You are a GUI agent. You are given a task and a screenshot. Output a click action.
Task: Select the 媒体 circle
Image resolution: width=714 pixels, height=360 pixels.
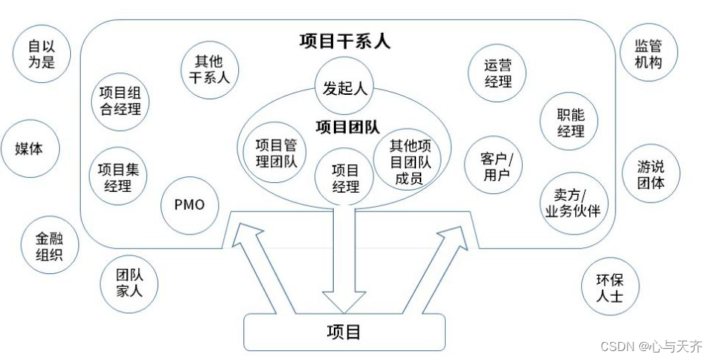tap(29, 148)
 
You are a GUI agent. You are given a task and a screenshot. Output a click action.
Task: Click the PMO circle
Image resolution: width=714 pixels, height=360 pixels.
tap(188, 204)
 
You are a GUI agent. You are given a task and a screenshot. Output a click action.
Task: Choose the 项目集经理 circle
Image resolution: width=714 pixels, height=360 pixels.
tap(118, 177)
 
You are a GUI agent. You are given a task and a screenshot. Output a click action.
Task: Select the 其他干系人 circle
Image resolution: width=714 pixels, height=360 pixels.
tap(209, 68)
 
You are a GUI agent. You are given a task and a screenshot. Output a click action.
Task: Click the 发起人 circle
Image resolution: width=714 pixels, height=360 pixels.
tap(344, 88)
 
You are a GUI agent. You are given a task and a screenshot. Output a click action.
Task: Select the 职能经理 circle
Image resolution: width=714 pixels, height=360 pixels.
tap(571, 122)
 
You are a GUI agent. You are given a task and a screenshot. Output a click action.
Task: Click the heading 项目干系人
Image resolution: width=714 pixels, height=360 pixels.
tap(344, 40)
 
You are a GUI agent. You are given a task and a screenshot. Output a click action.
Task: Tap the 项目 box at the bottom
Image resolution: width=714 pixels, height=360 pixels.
tap(344, 332)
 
